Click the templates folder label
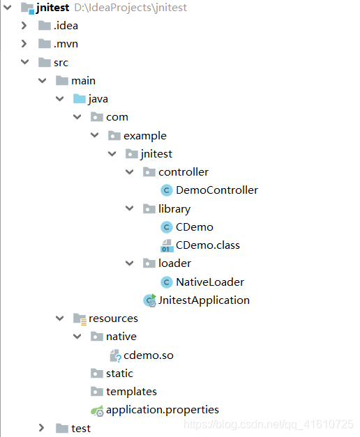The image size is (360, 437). [131, 392]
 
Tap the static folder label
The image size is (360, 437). [119, 374]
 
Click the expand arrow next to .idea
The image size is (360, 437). [24, 26]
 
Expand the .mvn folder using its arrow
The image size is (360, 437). [24, 44]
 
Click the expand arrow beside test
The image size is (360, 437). [42, 428]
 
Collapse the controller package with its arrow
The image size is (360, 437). [130, 172]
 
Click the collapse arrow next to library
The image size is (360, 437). [130, 208]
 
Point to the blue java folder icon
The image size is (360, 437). [80, 99]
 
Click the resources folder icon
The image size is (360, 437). [80, 319]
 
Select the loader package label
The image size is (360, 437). [174, 263]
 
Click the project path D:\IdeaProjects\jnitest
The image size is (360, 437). [130, 8]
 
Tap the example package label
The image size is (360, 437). [145, 136]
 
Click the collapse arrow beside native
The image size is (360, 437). [77, 337]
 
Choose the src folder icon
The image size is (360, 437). [45, 62]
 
